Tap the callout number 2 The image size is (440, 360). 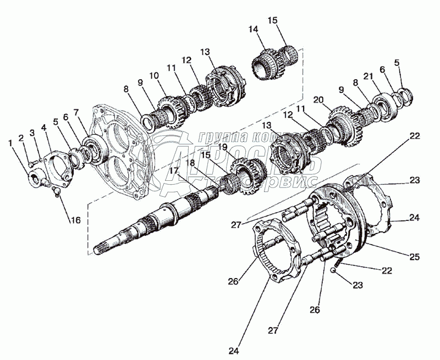point(21,139)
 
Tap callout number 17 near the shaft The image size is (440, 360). point(174,171)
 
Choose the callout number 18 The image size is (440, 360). point(190,163)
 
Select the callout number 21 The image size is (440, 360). point(366,75)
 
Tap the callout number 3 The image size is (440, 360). point(32,132)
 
